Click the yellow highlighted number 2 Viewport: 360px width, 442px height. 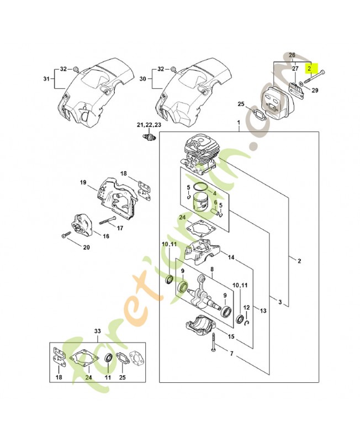310,69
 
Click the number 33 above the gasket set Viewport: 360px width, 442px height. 98,331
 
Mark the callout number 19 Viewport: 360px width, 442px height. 83,182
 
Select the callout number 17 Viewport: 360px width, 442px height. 120,227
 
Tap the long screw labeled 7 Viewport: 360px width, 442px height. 212,343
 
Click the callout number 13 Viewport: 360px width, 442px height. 263,311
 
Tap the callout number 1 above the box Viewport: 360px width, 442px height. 239,122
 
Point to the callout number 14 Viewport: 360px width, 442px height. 231,257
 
